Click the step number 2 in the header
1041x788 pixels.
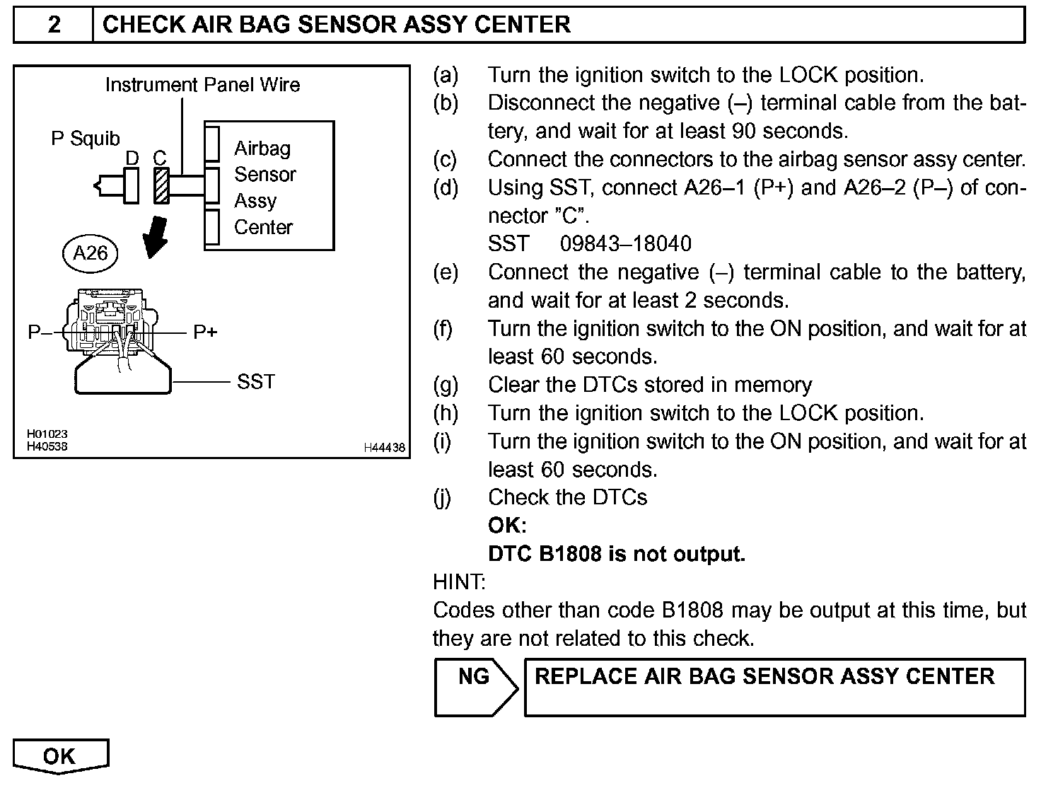pyautogui.click(x=54, y=25)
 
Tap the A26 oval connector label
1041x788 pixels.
pyautogui.click(x=91, y=253)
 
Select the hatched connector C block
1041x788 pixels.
pyautogui.click(x=161, y=186)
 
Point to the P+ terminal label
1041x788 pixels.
pyautogui.click(x=205, y=332)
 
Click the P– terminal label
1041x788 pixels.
pyautogui.click(x=40, y=332)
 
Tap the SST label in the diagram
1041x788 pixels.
pyautogui.click(x=255, y=382)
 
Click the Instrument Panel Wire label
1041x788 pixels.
pyautogui.click(x=202, y=85)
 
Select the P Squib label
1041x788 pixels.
pyautogui.click(x=86, y=139)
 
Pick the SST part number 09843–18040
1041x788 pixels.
pyautogui.click(x=625, y=244)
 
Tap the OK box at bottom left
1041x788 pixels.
pyautogui.click(x=60, y=756)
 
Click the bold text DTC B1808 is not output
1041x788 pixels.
pyautogui.click(x=617, y=554)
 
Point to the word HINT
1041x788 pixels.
pyautogui.click(x=459, y=582)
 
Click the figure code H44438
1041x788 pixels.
pyautogui.click(x=385, y=448)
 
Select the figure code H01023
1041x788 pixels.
pyautogui.click(x=47, y=434)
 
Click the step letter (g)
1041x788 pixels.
pyautogui.click(x=446, y=385)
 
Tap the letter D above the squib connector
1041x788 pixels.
pyautogui.click(x=132, y=158)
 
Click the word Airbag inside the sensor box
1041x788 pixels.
pyautogui.click(x=262, y=149)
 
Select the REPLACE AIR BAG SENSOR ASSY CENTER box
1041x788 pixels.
pyautogui.click(x=774, y=687)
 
